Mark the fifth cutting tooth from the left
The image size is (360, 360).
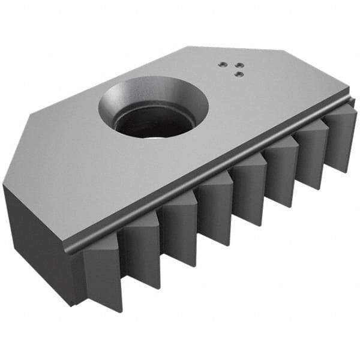click(x=248, y=192)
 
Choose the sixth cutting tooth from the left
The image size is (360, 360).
click(x=281, y=174)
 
